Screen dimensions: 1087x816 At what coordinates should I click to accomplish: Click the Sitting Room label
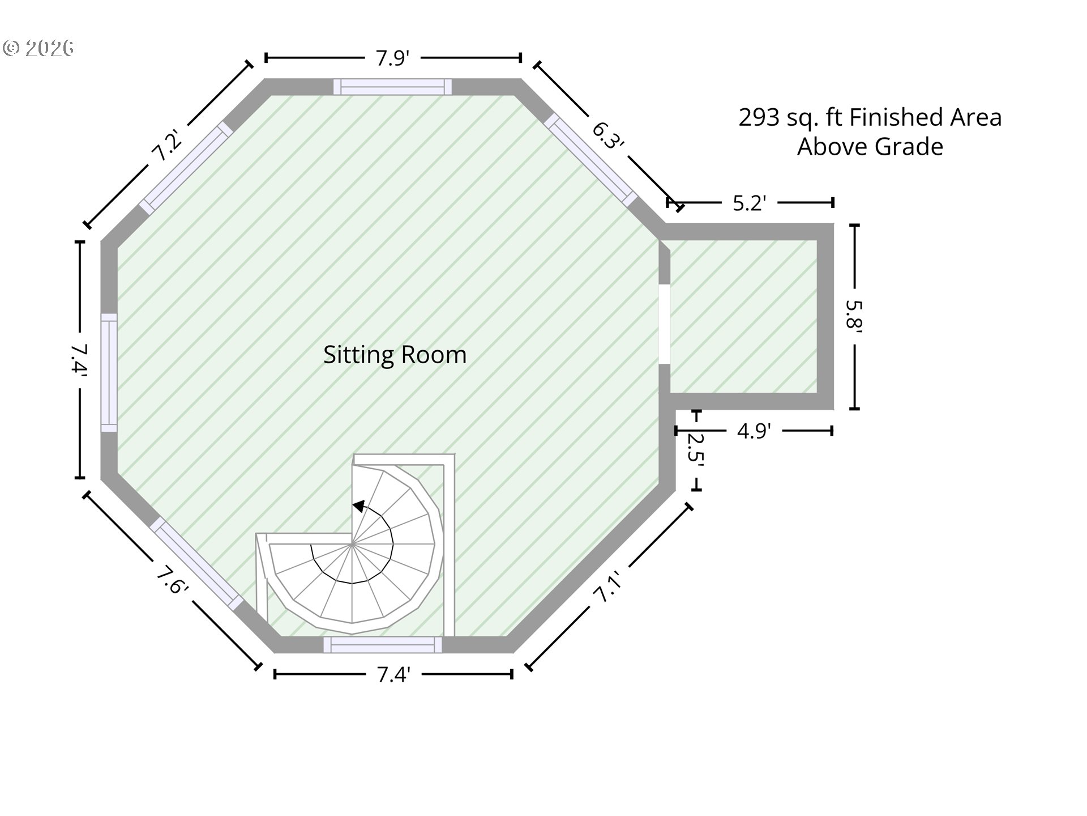click(395, 355)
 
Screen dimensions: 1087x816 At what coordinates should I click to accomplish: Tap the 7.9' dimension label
click(392, 58)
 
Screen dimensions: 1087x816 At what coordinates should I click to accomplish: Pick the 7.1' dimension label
click(607, 587)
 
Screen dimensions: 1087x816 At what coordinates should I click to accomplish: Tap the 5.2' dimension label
click(749, 203)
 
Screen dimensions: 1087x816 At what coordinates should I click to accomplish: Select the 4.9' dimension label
click(754, 431)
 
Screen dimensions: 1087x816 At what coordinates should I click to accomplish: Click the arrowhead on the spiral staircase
click(358, 506)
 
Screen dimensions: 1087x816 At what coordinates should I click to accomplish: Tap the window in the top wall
click(392, 87)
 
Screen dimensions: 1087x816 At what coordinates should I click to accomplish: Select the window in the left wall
click(109, 373)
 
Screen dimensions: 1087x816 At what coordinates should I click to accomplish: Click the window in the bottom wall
click(383, 645)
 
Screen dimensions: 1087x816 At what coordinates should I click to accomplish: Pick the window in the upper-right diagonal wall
click(590, 160)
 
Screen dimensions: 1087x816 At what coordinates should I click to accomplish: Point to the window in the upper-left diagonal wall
click(186, 168)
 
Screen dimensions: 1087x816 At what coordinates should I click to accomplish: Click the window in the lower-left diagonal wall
click(197, 564)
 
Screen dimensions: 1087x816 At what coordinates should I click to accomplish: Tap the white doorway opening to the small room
click(665, 324)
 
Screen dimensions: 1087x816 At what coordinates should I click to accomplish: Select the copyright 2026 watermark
click(38, 48)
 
